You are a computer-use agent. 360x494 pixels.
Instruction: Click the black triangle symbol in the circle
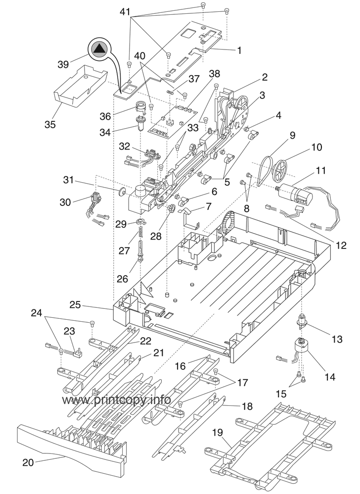[100, 49]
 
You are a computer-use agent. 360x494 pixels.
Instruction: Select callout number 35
[50, 124]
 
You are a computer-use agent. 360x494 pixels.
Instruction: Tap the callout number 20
[28, 463]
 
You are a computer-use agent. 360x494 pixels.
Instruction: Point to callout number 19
[218, 432]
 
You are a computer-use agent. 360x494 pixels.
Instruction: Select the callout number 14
[329, 377]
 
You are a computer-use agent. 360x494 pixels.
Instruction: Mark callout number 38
[214, 74]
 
